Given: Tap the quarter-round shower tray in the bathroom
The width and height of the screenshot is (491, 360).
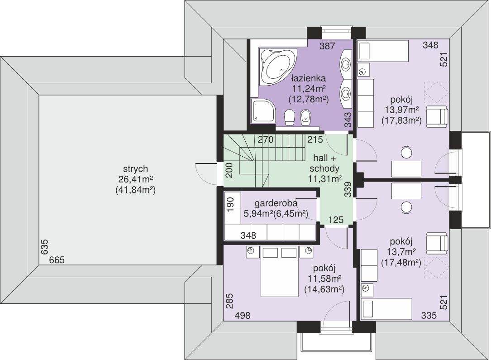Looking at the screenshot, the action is pyautogui.click(x=264, y=111).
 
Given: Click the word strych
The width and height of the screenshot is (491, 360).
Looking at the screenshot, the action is pyautogui.click(x=135, y=169).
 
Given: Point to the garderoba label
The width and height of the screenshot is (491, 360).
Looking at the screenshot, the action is pyautogui.click(x=276, y=203).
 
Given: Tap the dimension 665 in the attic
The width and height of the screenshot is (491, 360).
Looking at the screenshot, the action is pyautogui.click(x=57, y=260).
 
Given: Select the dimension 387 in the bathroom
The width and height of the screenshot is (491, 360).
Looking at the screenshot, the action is pyautogui.click(x=327, y=46).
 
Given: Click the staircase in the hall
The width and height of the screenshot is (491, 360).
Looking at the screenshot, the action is pyautogui.click(x=265, y=160).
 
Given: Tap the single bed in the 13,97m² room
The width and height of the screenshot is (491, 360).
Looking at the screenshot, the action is pyautogui.click(x=383, y=51).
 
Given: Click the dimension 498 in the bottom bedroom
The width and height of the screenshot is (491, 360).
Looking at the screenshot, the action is pyautogui.click(x=243, y=316).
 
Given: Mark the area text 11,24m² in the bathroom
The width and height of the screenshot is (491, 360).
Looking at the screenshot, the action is pyautogui.click(x=309, y=89).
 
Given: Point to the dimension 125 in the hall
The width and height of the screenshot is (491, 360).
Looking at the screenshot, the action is pyautogui.click(x=336, y=220).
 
